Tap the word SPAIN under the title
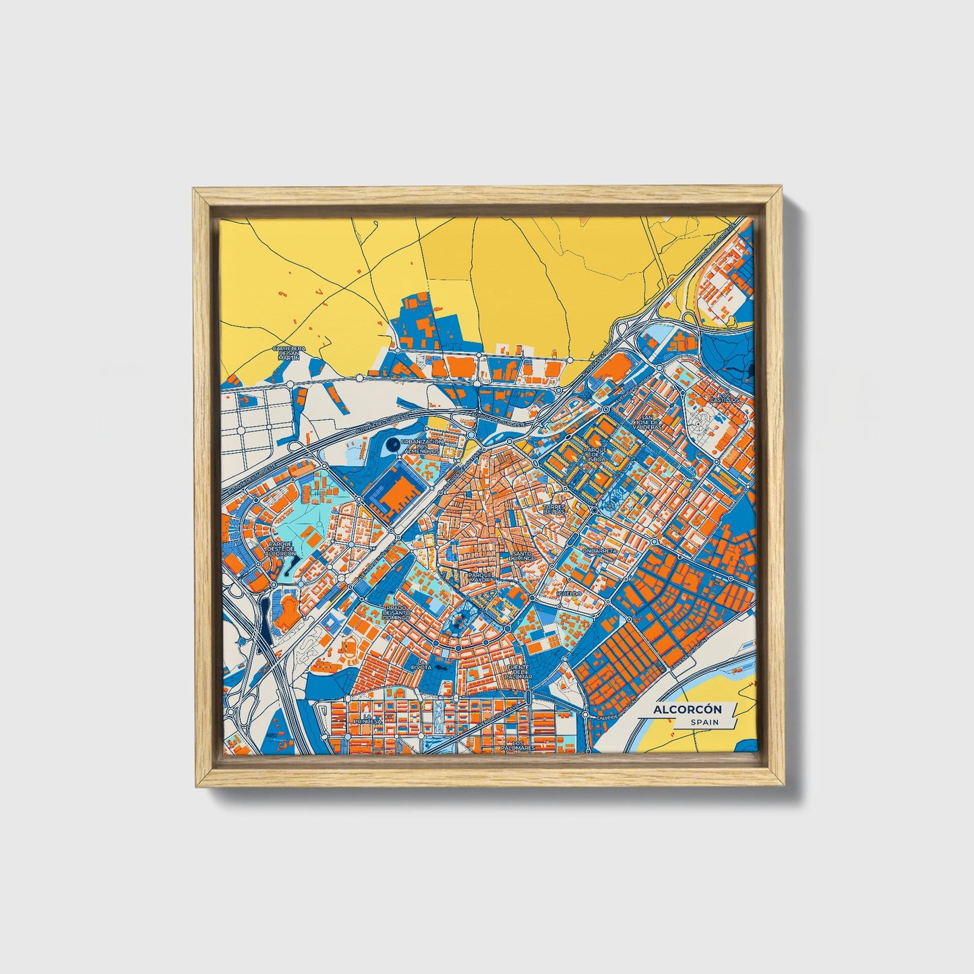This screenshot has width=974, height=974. pos(704,723)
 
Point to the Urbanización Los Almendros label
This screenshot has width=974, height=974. pos(421,446)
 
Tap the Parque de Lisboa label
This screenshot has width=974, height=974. pos(595,453)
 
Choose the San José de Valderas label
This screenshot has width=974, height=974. pos(648,422)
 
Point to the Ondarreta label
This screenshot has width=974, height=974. pos(599,551)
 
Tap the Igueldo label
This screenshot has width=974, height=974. pos(568,593)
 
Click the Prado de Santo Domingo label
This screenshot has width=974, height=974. pos(396,612)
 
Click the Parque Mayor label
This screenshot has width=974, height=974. pos(481,577)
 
